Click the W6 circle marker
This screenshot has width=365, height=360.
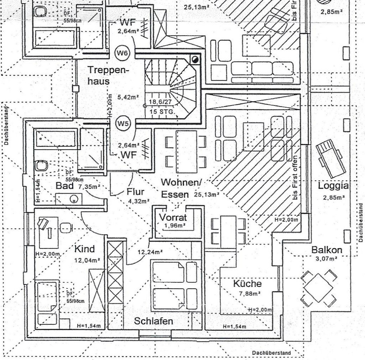tap(122, 53)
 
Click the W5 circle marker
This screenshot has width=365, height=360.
tap(122, 124)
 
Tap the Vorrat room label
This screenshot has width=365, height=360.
tap(173, 217)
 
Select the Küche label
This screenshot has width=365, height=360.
tap(247, 284)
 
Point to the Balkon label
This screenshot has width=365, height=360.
tap(327, 250)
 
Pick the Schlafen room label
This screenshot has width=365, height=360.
tap(154, 321)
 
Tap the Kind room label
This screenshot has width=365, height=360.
tap(84, 248)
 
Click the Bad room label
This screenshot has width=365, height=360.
tap(65, 186)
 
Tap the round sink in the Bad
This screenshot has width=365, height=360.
tap(74, 199)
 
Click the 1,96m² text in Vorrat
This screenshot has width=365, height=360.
tap(173, 225)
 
